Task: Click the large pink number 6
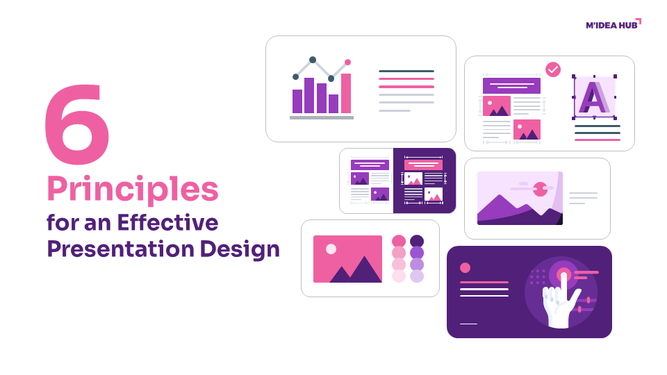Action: point(76,126)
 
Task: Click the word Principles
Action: point(132,189)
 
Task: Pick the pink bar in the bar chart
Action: point(346,93)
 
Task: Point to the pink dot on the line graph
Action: point(348,62)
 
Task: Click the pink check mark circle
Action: point(553,69)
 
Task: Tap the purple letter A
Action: point(593,97)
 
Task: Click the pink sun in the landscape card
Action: point(540,188)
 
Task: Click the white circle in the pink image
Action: point(331,249)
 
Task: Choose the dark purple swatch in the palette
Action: point(417,241)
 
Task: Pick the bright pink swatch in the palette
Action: point(399,241)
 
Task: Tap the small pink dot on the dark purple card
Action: point(465,267)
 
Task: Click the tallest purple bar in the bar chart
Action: point(309,95)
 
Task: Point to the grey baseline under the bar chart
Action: point(321,117)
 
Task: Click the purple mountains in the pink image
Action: point(356,272)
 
